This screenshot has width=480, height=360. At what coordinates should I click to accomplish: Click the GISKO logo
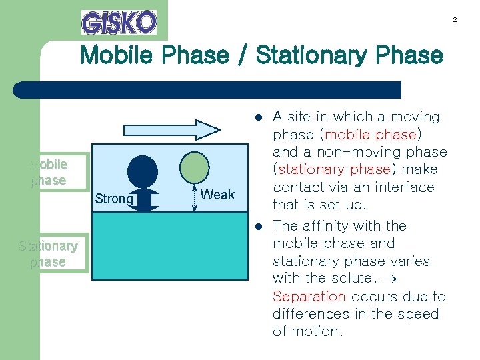pyautogui.click(x=119, y=22)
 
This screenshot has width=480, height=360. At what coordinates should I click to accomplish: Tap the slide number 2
pyautogui.click(x=455, y=20)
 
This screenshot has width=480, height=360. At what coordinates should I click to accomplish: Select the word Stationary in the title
pyautogui.click(x=307, y=55)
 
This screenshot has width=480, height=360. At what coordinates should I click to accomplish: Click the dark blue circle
pyautogui.click(x=143, y=171)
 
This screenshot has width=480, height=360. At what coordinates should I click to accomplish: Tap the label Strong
pyautogui.click(x=114, y=199)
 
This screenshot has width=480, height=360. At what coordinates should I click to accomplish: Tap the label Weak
pyautogui.click(x=217, y=195)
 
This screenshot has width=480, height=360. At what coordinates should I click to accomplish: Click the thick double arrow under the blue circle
pyautogui.click(x=143, y=200)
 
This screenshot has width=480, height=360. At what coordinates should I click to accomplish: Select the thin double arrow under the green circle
pyautogui.click(x=193, y=198)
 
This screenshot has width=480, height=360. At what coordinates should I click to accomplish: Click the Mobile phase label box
pyautogui.click(x=48, y=172)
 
